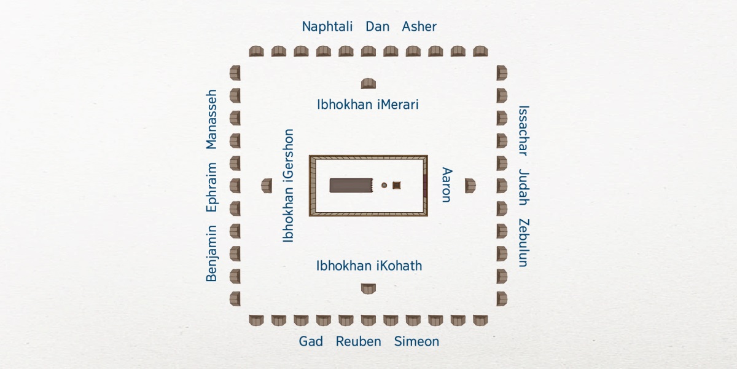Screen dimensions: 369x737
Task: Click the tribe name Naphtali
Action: tap(327, 26)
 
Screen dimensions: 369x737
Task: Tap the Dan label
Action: tap(377, 26)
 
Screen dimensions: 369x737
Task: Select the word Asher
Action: tap(419, 26)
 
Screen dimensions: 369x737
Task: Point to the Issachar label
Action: tap(523, 130)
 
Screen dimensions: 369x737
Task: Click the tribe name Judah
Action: tap(523, 186)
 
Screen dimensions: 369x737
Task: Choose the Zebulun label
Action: tap(523, 242)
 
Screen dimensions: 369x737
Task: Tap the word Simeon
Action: tap(416, 341)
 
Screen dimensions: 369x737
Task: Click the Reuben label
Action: tap(358, 341)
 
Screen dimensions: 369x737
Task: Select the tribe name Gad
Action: tap(311, 341)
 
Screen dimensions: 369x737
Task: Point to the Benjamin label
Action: tap(211, 253)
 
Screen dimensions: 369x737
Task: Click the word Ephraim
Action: tap(211, 187)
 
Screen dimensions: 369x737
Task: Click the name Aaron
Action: tap(446, 184)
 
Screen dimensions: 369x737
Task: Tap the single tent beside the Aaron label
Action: tap(470, 185)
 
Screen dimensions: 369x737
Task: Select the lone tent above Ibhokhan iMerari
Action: tap(368, 84)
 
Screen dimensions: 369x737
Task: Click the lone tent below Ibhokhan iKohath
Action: tap(368, 288)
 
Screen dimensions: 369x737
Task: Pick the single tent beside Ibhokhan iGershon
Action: tap(267, 185)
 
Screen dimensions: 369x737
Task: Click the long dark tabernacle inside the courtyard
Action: tap(351, 185)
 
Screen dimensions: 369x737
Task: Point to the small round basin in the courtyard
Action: tap(384, 185)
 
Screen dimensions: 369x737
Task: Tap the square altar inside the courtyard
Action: tap(397, 185)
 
